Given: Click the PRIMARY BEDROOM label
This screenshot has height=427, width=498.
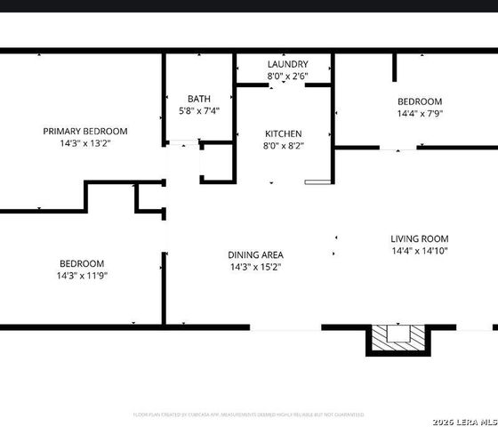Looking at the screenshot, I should tap(85, 131).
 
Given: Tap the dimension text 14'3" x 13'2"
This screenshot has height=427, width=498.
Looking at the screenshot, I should tap(85, 142).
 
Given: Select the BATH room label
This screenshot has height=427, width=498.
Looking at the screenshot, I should tap(198, 99).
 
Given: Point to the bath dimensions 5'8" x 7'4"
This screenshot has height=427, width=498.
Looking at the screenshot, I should tap(198, 110).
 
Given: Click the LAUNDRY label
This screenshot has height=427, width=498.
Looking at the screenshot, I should tap(287, 64).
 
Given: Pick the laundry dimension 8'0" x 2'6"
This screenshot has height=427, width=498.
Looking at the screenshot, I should tap(287, 77).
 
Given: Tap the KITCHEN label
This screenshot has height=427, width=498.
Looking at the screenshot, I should tap(283, 133).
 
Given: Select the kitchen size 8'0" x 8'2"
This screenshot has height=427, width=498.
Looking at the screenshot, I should tap(283, 146).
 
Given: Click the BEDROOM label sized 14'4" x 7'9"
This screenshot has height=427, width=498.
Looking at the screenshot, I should tap(419, 101).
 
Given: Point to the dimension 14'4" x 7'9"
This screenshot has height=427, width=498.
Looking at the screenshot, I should tap(419, 114).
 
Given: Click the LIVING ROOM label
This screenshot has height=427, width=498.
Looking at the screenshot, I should tap(419, 238).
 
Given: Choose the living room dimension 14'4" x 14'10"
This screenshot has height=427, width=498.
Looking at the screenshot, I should tap(419, 251).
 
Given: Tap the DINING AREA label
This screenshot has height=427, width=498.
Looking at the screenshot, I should tap(256, 254).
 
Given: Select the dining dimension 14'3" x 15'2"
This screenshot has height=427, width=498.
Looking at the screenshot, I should tap(256, 267).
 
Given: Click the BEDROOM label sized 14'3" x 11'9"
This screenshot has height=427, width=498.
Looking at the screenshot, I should tap(82, 263).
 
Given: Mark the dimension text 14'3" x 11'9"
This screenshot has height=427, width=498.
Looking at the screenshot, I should tap(82, 276).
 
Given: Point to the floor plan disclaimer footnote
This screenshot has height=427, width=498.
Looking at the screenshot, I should tap(248, 415).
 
